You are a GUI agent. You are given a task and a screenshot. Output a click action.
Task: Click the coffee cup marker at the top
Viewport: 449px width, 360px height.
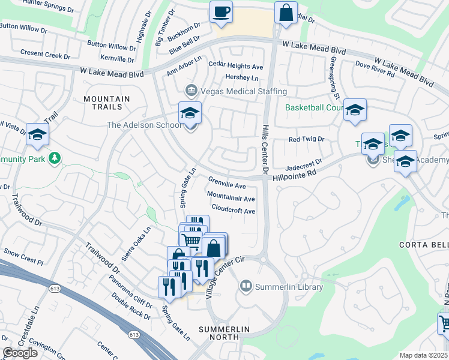(221, 12)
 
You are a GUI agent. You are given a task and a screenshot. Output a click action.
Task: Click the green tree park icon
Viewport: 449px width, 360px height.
(55, 158)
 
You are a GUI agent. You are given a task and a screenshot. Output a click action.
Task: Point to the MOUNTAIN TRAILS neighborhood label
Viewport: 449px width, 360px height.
(107, 103)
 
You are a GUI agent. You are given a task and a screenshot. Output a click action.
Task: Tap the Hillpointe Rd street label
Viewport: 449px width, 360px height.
(294, 172)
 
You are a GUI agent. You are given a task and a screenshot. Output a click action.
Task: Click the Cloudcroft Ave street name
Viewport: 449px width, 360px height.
(234, 211)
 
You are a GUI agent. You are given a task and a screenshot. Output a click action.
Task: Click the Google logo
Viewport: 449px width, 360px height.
(20, 353)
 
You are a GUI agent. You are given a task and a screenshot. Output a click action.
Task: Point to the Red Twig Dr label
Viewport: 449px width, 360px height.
(306, 139)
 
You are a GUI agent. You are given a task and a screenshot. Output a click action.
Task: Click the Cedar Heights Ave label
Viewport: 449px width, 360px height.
(235, 66)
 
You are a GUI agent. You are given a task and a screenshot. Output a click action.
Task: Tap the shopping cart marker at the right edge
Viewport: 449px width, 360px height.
(444, 323)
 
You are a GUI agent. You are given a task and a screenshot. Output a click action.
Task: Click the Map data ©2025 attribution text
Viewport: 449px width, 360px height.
(424, 355)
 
